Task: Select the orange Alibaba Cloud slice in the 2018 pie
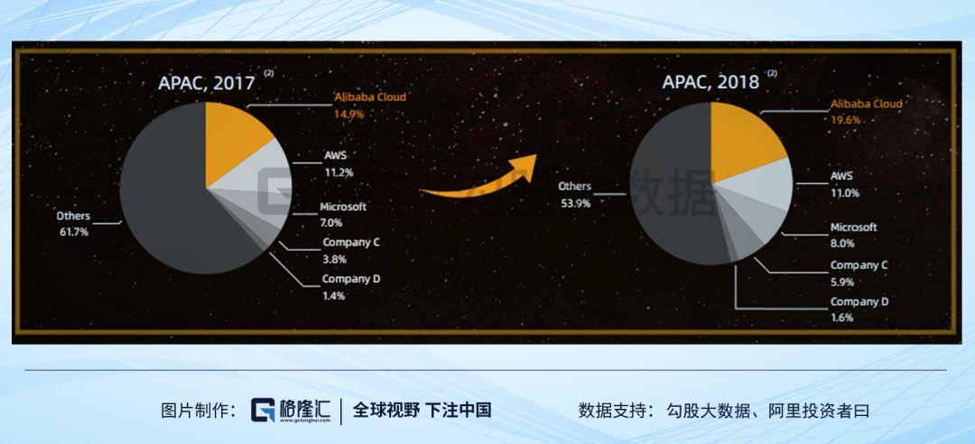(x=743, y=140)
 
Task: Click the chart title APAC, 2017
(x=207, y=83)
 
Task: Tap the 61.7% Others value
(x=73, y=232)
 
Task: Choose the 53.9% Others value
(x=574, y=202)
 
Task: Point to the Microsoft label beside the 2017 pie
(x=343, y=207)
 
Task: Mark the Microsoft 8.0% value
(x=842, y=244)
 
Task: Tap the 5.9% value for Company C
(x=842, y=282)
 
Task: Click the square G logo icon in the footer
(x=263, y=411)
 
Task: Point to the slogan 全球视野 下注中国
(x=422, y=411)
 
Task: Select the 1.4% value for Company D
(x=334, y=296)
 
